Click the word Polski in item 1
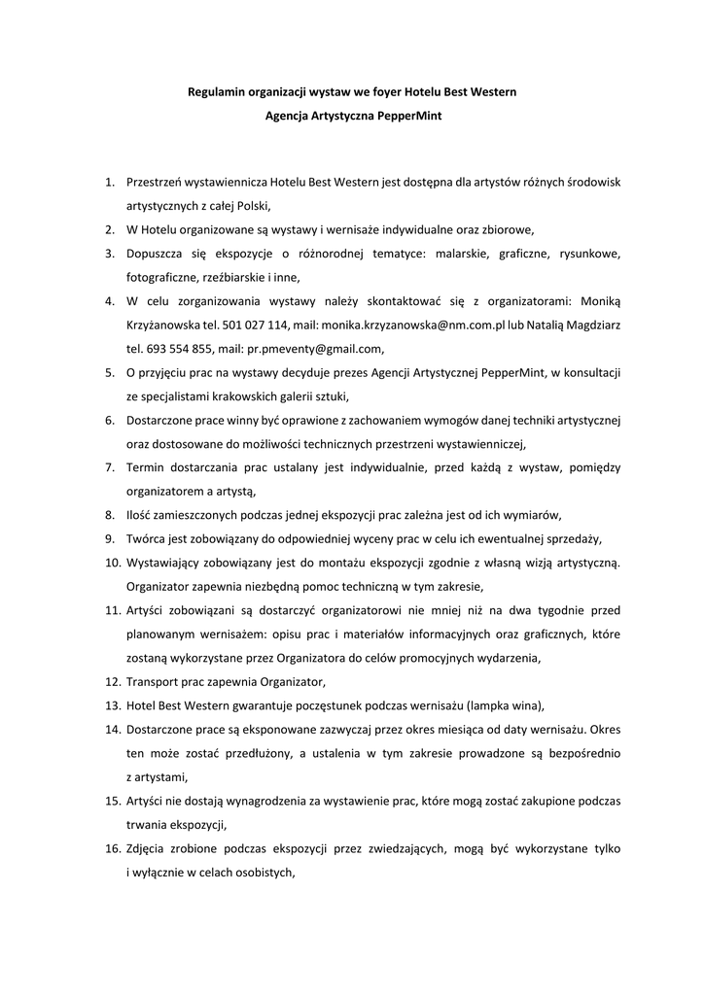coord(251,206)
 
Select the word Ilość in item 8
coord(142,515)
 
